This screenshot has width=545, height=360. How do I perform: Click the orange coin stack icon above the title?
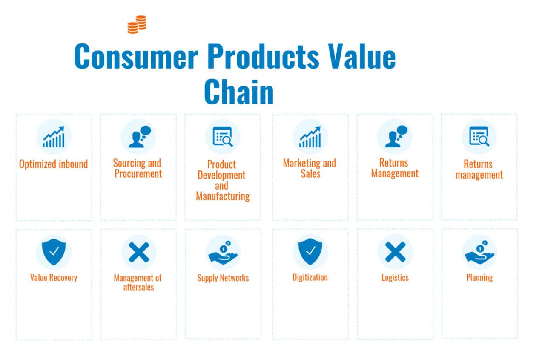point(137,24)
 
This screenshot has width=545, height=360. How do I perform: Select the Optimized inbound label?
point(54,164)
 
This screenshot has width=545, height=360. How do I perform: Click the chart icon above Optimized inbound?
point(54,137)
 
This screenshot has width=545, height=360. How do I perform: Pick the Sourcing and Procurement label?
point(138,169)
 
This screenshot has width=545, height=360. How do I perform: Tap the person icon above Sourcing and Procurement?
point(139,137)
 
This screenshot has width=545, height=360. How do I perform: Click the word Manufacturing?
point(223,196)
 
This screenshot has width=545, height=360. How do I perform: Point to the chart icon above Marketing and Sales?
point(310,137)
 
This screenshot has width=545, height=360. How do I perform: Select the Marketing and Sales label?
point(310,169)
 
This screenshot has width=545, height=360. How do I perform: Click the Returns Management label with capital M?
point(395,168)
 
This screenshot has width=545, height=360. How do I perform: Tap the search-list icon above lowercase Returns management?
point(479,137)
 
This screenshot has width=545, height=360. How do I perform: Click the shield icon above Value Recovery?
point(54,251)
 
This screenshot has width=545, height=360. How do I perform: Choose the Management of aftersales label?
point(138,282)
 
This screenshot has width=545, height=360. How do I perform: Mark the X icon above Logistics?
point(395,252)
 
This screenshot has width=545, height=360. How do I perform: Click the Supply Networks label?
point(223,278)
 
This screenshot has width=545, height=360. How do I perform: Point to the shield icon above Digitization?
point(310,251)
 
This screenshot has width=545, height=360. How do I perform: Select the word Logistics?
point(395,278)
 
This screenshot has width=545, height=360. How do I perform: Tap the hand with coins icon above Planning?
point(479,252)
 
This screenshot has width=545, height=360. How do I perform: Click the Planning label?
point(479,278)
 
